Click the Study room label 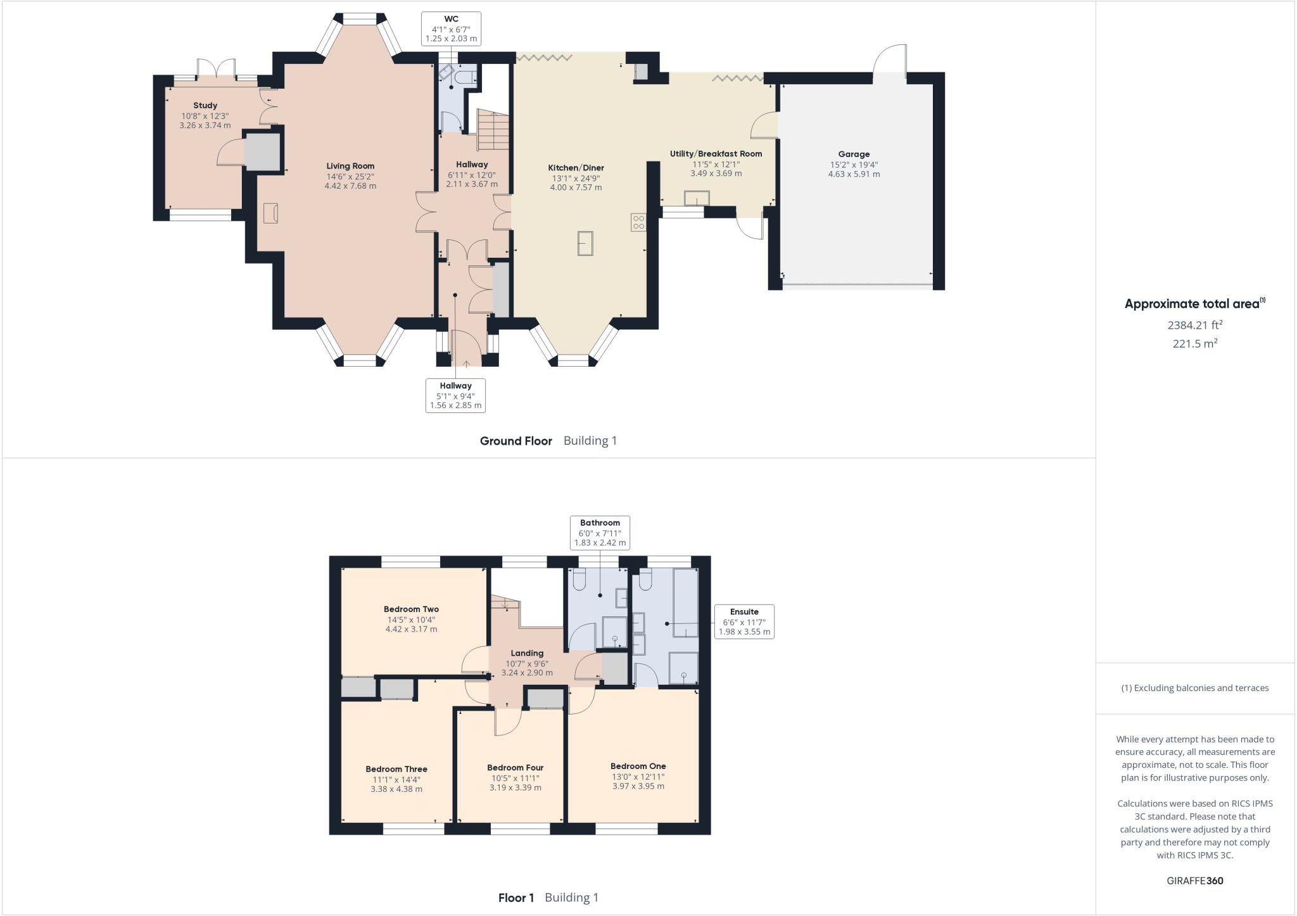point(205,106)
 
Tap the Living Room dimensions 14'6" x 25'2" point(350,176)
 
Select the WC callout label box point(451,29)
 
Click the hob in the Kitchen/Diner point(638,222)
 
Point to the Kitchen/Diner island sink point(585,243)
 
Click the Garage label point(854,154)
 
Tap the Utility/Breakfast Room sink point(697,199)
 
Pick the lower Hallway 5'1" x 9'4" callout point(455,395)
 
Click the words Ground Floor point(516,441)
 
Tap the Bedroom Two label point(411,609)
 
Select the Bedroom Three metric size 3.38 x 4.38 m point(396,789)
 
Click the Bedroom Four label point(515,768)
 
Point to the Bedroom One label point(638,766)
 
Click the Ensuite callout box point(744,621)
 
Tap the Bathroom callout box point(600,533)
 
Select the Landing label point(527,653)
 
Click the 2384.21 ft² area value point(1194,325)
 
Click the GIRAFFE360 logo point(1194,881)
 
